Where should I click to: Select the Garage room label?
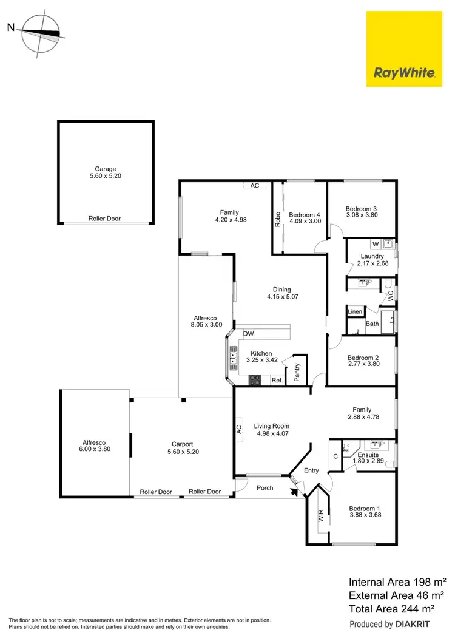click(x=105, y=169)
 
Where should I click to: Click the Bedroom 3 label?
click(x=362, y=206)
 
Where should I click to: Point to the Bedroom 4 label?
click(x=305, y=215)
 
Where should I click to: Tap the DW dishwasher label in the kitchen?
click(x=248, y=334)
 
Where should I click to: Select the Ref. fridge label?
click(x=277, y=381)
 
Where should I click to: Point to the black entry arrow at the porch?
click(x=296, y=492)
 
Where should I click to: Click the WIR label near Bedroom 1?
click(x=320, y=516)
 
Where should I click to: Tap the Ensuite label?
click(x=368, y=455)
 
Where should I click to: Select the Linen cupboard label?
click(x=355, y=312)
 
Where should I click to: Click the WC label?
click(x=391, y=296)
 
